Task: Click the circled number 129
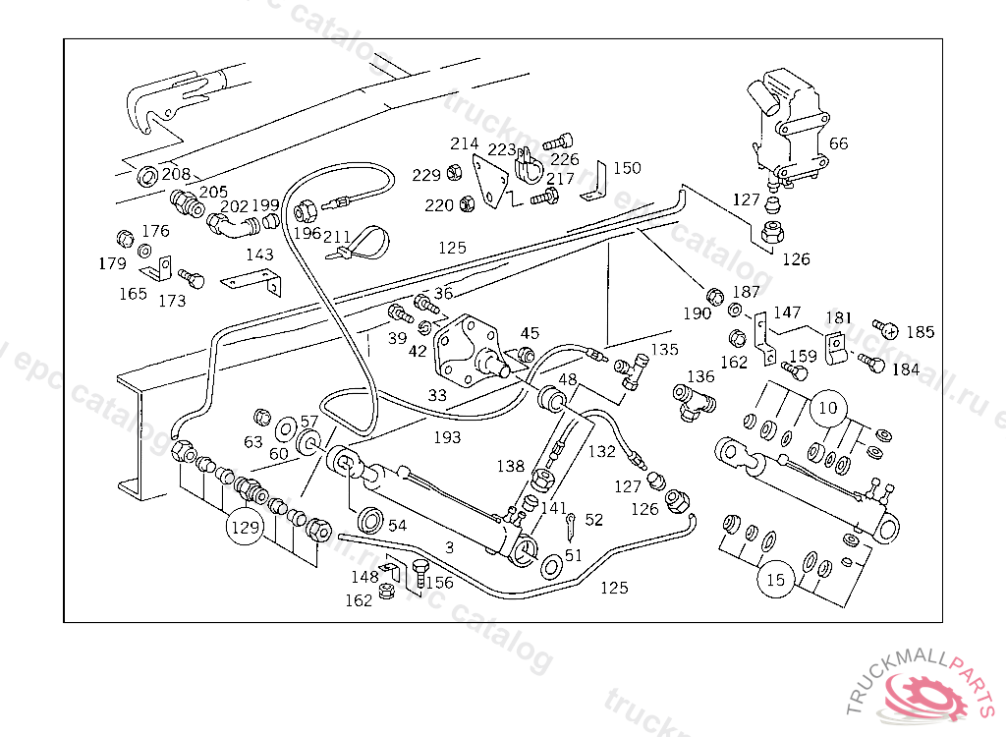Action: (245, 528)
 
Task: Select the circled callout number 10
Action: (828, 406)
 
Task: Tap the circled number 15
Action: (776, 580)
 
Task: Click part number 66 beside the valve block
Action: (838, 143)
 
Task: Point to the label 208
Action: (177, 174)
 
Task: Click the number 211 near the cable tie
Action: (336, 237)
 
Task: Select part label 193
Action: (447, 436)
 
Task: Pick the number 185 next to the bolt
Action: (920, 332)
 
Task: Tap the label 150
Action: (627, 168)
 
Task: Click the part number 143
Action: (259, 255)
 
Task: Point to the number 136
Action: (700, 376)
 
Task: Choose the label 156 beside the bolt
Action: (439, 583)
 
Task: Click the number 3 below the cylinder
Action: (449, 547)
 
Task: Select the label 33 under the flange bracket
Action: (437, 395)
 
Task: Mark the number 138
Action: (510, 467)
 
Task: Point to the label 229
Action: (426, 175)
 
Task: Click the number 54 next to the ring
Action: (397, 526)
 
